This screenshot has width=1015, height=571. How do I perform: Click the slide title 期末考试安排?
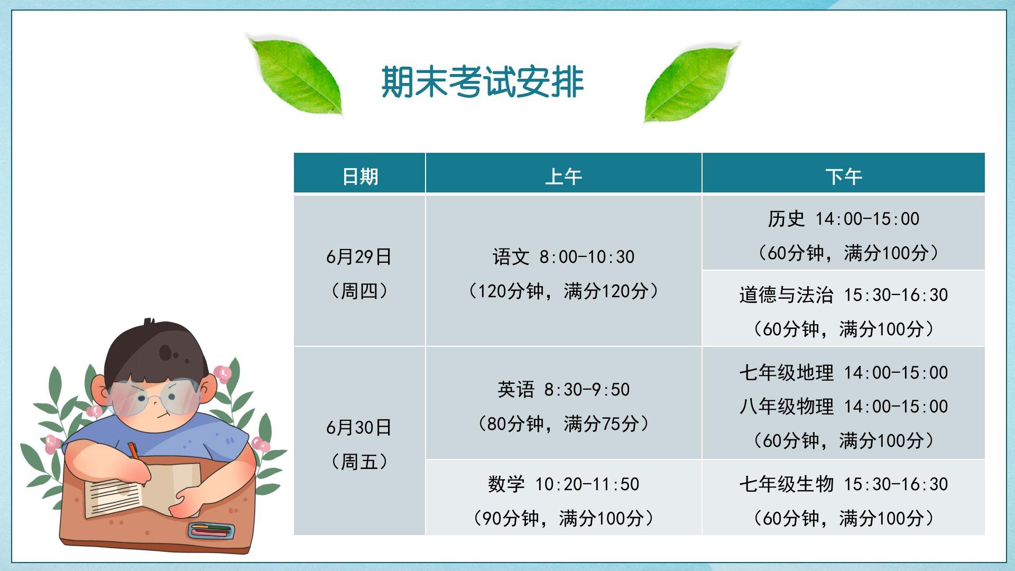482,82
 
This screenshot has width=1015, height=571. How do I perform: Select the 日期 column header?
360,177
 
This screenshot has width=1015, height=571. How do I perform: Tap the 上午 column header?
564,177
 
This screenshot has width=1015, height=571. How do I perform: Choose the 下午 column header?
844,177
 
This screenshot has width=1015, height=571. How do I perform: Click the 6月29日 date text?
359,257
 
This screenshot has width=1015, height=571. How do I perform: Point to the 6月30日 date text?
359,428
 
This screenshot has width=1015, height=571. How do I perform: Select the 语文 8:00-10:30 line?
564,257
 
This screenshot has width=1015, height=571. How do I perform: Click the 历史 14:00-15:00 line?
844,219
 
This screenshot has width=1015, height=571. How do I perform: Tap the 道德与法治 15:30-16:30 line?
844,295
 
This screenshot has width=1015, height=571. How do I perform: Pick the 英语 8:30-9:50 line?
564,390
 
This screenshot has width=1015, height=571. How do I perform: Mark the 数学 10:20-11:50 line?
564,484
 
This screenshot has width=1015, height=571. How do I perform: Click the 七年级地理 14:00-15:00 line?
844,373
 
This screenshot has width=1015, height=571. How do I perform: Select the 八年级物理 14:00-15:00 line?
844,407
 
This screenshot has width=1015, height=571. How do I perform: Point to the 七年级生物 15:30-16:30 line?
844,484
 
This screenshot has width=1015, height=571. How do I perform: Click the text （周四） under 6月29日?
359,291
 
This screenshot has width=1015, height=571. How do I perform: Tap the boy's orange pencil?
134,452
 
